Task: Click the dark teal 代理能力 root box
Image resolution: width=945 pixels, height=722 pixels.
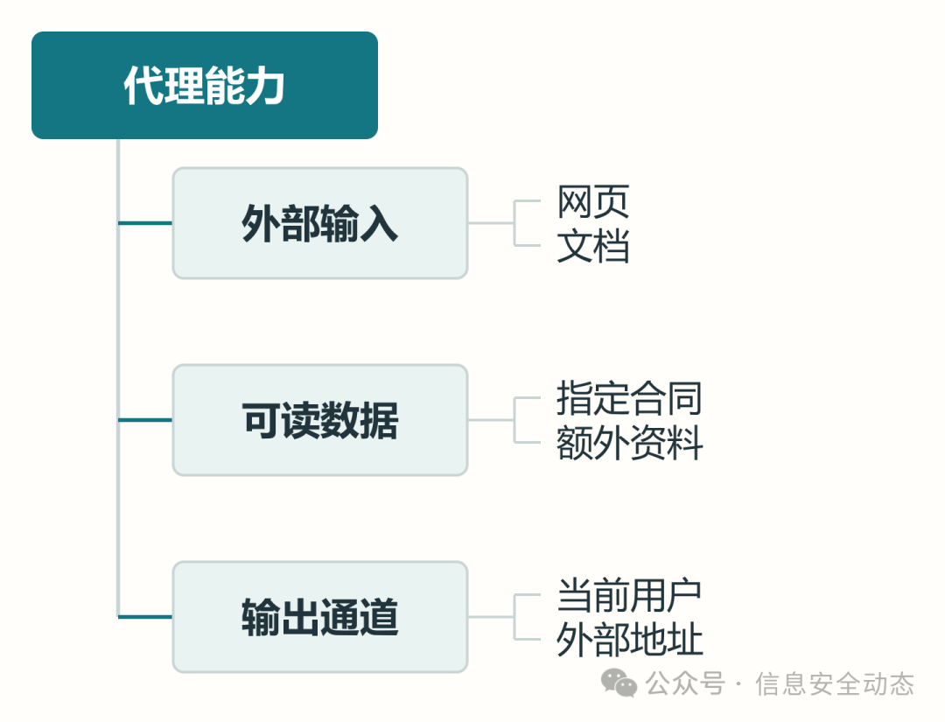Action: pos(204,85)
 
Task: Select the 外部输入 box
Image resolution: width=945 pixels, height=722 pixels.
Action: pos(320,223)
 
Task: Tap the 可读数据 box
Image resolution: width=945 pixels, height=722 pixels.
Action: pos(320,420)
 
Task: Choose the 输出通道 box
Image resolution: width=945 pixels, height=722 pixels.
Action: pos(320,617)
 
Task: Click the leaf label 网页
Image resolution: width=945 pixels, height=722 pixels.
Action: pos(593,201)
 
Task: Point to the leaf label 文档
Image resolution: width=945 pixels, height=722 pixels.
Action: pos(593,245)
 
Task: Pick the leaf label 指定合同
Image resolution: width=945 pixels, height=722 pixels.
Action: pos(629,398)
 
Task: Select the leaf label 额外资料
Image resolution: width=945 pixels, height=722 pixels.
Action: pos(629,442)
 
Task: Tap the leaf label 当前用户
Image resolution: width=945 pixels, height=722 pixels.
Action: pos(629,595)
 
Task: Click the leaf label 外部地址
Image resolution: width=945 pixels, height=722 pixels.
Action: pos(629,640)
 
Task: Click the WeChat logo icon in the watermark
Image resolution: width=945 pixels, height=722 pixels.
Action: pos(619,683)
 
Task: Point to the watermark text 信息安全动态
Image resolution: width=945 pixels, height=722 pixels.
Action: pos(835,684)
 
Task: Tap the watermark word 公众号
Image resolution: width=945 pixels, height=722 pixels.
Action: pos(685,684)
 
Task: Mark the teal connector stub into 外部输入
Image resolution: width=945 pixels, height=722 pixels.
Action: pos(145,223)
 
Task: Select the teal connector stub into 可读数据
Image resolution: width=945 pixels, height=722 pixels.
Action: pos(145,420)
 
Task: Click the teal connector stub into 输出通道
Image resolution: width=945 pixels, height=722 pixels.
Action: pos(145,617)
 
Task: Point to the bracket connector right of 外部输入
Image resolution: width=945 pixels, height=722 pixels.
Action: pos(514,223)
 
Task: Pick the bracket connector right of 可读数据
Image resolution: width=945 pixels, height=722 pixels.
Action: pos(514,420)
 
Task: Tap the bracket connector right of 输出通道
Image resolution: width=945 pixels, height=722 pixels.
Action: pos(514,617)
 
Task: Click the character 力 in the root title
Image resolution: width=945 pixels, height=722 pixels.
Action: pos(264,86)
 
